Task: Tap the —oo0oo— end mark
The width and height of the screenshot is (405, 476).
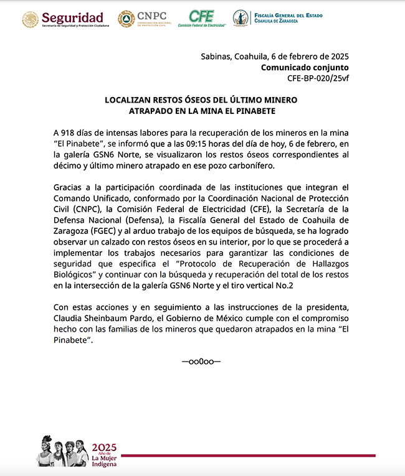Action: [201, 362]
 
